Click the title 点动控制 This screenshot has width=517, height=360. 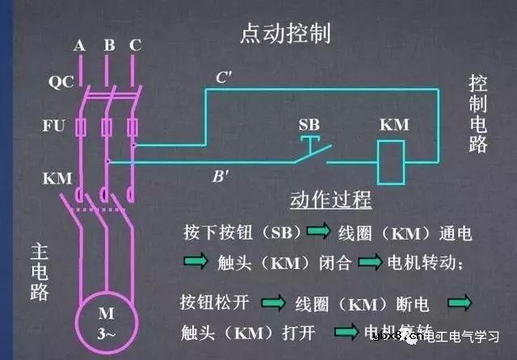(285, 34)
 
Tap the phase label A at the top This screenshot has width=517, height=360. (79, 45)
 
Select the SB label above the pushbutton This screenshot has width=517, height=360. (309, 125)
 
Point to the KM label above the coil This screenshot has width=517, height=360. (394, 125)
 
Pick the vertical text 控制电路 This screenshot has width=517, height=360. (477, 114)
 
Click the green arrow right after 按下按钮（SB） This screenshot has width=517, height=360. (318, 232)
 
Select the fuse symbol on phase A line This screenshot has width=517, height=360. (79, 128)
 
